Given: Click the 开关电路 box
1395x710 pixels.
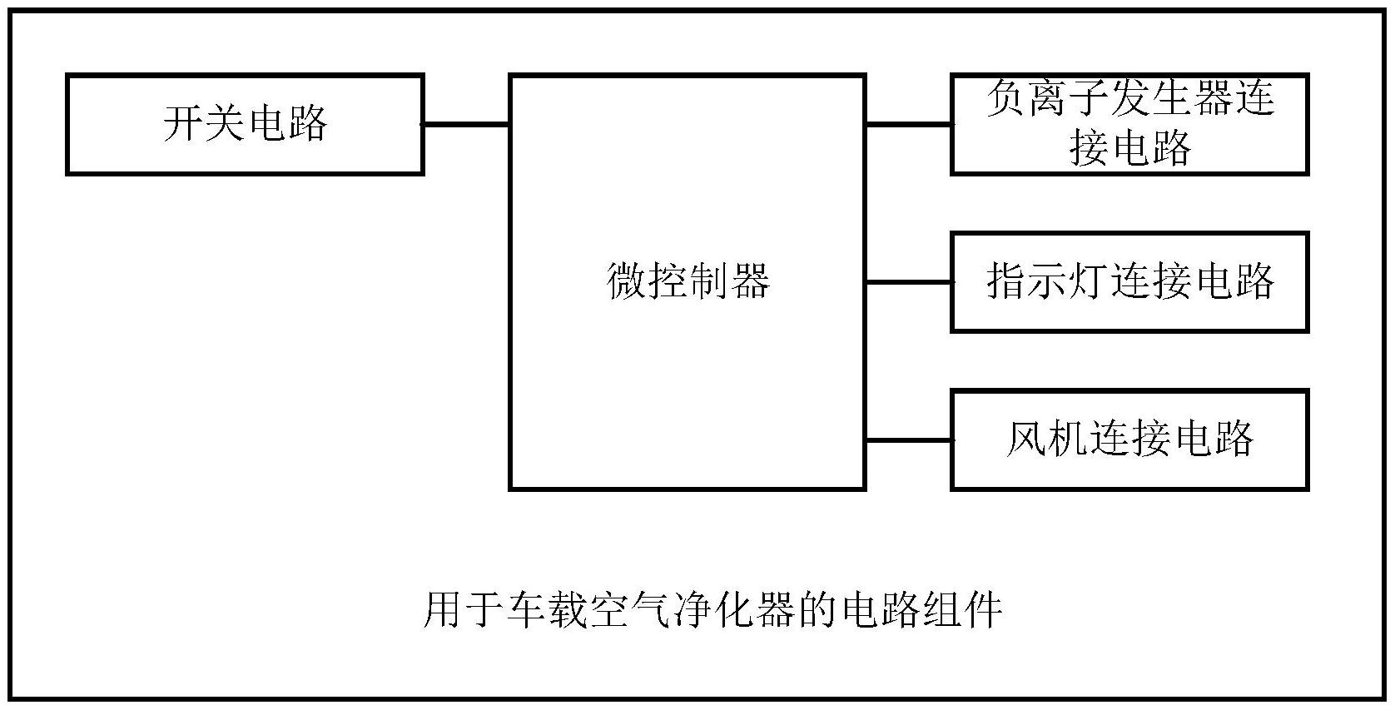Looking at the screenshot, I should (x=245, y=125).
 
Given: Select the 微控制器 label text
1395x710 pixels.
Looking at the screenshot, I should (x=688, y=281).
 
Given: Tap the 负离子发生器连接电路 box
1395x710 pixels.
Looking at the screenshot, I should (x=1129, y=125).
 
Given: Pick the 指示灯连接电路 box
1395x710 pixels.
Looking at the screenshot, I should (x=1129, y=282).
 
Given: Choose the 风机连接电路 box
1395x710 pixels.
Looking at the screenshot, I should (x=1129, y=439).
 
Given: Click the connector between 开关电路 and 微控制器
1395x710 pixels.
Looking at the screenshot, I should (x=466, y=125).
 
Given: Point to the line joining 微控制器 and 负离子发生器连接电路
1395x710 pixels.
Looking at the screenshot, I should (x=908, y=125).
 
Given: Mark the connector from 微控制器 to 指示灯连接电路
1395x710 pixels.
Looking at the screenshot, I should (x=908, y=282).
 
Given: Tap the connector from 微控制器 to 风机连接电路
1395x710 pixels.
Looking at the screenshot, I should (x=908, y=439).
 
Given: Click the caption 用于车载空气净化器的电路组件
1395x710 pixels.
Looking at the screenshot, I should (x=712, y=610).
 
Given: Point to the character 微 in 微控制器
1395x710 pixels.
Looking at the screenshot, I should (x=627, y=281).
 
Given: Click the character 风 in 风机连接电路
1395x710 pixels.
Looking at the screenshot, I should (x=1026, y=439).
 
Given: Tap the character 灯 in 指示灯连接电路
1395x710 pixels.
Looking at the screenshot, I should (x=1088, y=282).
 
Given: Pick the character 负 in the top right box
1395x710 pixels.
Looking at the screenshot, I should (x=1005, y=98).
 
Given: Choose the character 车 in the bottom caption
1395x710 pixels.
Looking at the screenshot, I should (x=526, y=610).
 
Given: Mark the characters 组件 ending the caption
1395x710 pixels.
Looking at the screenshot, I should (x=961, y=610).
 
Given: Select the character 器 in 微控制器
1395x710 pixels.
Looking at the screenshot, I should (x=750, y=281).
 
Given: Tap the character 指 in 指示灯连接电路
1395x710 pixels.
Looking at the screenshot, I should (x=1005, y=282).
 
